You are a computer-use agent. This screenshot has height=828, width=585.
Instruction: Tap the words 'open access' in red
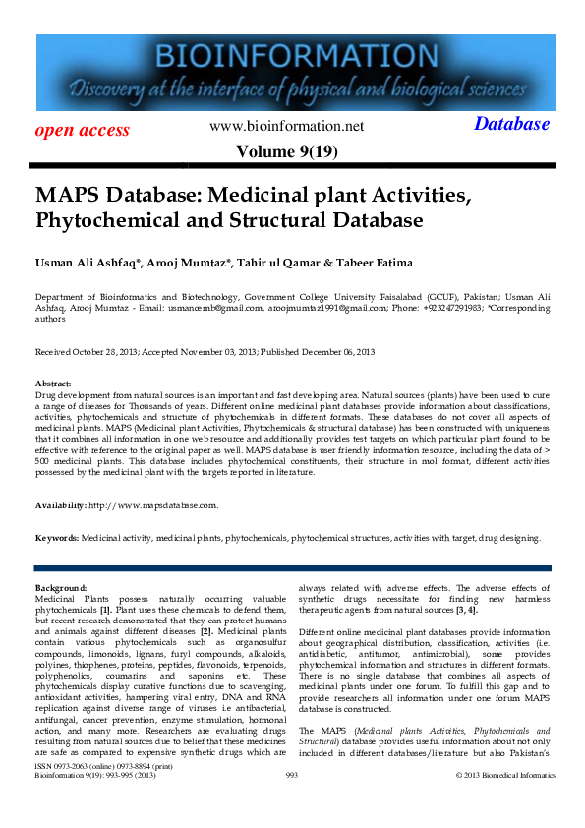(x=83, y=130)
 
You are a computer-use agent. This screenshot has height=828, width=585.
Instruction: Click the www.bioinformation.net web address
(x=287, y=126)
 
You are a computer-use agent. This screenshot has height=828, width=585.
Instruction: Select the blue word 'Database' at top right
(x=511, y=124)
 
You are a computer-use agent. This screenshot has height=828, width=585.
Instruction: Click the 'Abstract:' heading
(x=53, y=384)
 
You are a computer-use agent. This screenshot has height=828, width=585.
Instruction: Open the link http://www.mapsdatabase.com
(x=152, y=505)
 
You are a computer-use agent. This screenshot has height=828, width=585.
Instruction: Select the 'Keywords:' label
(x=57, y=539)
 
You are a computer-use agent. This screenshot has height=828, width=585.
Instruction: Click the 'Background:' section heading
(x=61, y=587)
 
